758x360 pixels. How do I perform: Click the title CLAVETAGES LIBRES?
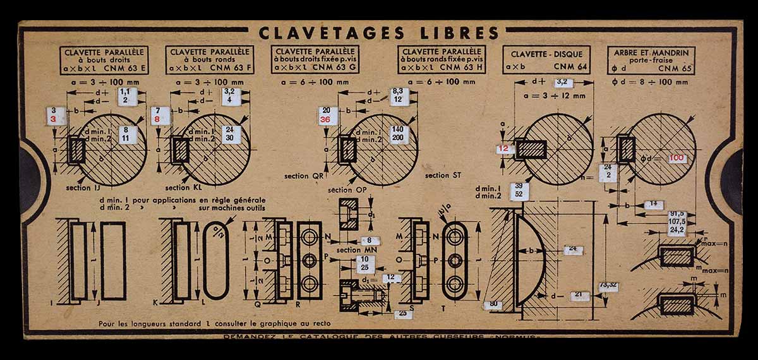pyautogui.click(x=379, y=32)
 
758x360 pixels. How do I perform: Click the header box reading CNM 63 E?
pyautogui.click(x=104, y=60)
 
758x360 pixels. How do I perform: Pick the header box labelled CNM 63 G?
pyautogui.click(x=315, y=60)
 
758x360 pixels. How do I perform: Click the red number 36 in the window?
pyautogui.click(x=326, y=119)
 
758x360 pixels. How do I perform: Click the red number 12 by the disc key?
pyautogui.click(x=503, y=148)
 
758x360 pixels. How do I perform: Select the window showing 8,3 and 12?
pyautogui.click(x=398, y=95)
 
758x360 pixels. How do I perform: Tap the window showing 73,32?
pyautogui.click(x=608, y=285)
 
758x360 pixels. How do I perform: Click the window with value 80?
pyautogui.click(x=494, y=304)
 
